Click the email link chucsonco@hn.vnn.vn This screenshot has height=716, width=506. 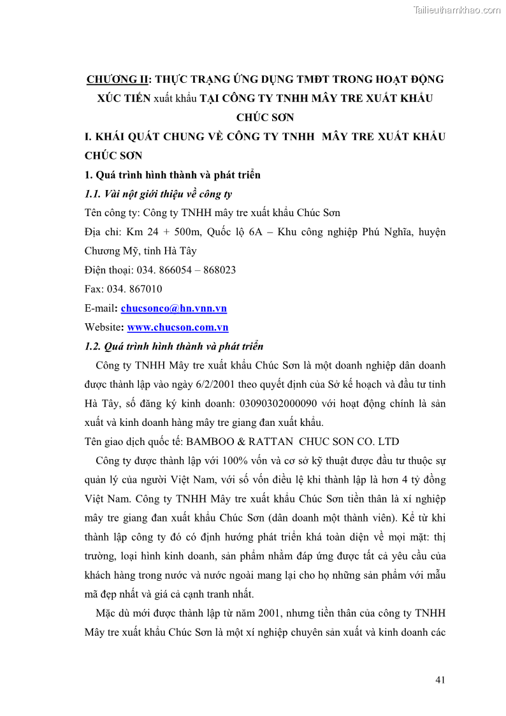tap(173, 309)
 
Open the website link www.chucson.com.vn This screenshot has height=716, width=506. tap(178, 328)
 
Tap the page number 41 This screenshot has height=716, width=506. tap(440, 680)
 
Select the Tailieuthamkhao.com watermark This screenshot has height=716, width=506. tap(457, 10)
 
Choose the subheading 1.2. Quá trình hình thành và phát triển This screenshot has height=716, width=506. tap(174, 347)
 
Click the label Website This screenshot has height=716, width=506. tap(103, 328)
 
